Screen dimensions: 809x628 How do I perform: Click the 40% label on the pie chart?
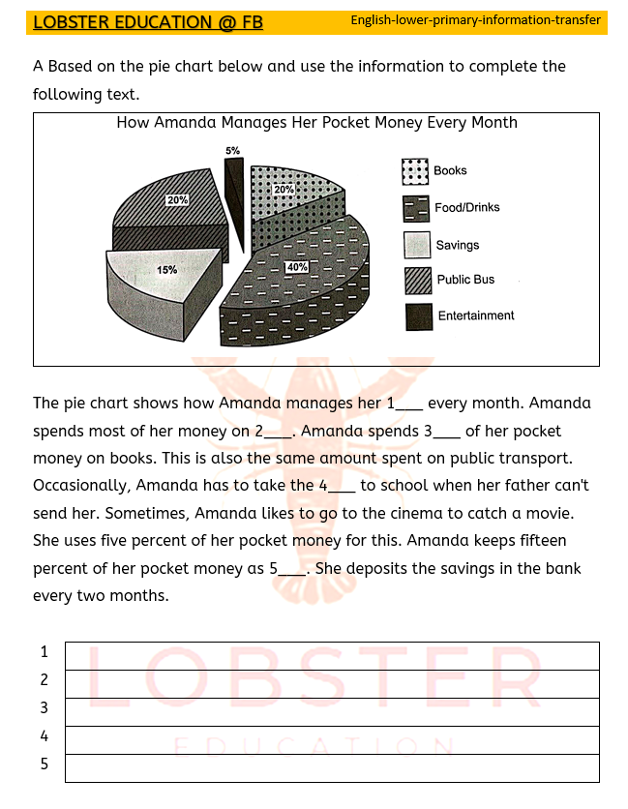tap(296, 266)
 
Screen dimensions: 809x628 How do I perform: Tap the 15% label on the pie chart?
tap(166, 270)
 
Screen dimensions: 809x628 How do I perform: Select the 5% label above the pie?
tap(232, 151)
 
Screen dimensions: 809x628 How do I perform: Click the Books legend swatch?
tap(415, 171)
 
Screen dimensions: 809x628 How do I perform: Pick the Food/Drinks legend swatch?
tap(415, 208)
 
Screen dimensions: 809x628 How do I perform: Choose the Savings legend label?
tap(457, 246)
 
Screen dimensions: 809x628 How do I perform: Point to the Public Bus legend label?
tap(465, 280)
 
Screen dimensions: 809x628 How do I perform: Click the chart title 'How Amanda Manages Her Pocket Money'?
tap(316, 123)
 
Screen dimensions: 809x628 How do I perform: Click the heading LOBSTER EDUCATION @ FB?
tap(148, 22)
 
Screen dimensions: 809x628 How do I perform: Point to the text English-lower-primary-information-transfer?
tap(475, 20)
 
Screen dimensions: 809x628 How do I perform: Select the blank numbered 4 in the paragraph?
tap(339, 486)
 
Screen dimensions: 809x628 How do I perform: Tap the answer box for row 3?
tap(331, 711)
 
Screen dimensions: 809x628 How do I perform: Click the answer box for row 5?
tap(331, 767)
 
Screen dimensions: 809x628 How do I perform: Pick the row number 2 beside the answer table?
tap(44, 680)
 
